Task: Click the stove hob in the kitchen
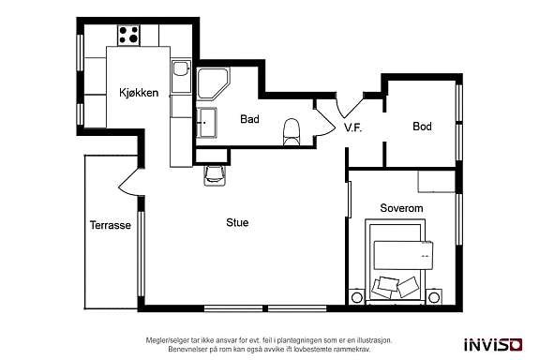pos(128,36)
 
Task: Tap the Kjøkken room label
pos(138,92)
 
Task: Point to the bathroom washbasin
pos(206,121)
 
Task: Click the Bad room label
pos(249,119)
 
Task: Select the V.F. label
pos(353,127)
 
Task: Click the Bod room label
pos(422,126)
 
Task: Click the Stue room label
pos(236,223)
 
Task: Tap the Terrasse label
pos(110,226)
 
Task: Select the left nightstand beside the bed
pos(357,297)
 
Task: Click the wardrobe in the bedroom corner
pos(436,181)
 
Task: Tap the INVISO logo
pos(493,343)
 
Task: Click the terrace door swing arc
pos(128,184)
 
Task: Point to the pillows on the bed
pos(398,284)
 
